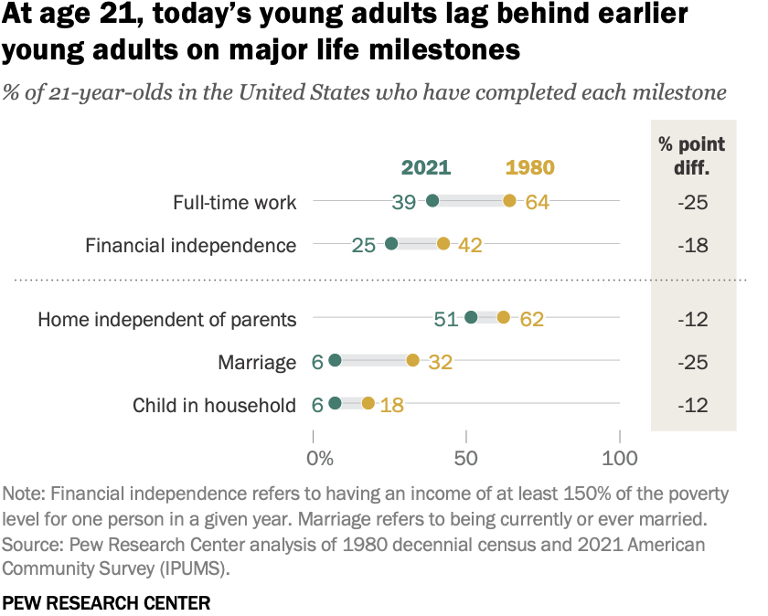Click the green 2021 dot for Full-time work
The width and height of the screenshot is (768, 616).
(432, 201)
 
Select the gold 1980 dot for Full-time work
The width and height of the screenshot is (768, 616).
(509, 201)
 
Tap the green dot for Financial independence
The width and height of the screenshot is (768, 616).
(391, 244)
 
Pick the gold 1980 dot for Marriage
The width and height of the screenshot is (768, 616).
(413, 361)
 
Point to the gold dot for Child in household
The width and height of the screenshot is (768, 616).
(368, 404)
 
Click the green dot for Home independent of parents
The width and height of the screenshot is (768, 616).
(471, 318)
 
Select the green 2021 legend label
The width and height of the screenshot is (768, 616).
(426, 167)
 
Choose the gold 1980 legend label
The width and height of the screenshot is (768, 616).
(529, 167)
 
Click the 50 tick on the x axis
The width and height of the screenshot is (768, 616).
(466, 457)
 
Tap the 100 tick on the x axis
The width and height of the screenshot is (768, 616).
(620, 457)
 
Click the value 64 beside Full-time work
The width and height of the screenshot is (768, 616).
(537, 202)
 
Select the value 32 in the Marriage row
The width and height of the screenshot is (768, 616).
(441, 362)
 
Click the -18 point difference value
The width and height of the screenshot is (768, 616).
(693, 245)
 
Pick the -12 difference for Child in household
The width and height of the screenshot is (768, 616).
(693, 404)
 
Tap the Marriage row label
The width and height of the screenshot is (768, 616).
(257, 362)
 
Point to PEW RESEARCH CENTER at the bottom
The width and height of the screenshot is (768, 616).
(106, 602)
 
